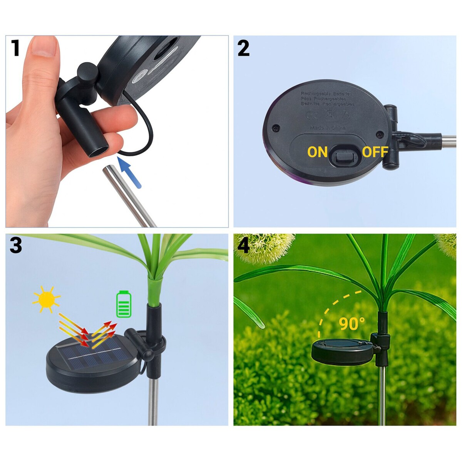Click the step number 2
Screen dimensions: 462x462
click(243, 49)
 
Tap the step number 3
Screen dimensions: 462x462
click(15, 245)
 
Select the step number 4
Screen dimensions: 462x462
click(243, 245)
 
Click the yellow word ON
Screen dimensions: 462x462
click(317, 152)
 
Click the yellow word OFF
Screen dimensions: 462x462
click(375, 152)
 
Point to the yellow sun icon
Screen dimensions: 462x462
click(47, 299)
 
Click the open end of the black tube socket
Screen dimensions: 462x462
click(99, 151)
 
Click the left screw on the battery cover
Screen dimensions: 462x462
click(276, 128)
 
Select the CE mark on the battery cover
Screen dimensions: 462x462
click(311, 115)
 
